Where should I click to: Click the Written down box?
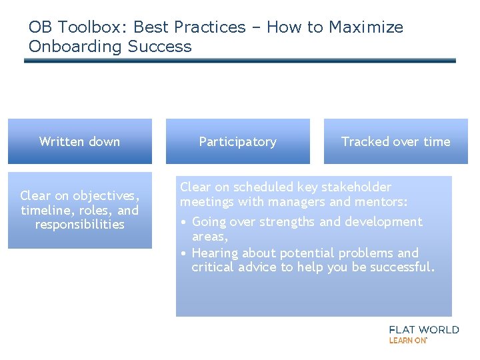(79, 141)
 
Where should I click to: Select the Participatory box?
(237, 141)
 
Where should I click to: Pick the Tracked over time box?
(395, 141)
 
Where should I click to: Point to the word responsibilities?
(79, 225)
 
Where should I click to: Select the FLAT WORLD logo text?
(423, 329)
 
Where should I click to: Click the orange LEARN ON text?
(407, 340)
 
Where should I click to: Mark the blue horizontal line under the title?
(240, 61)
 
